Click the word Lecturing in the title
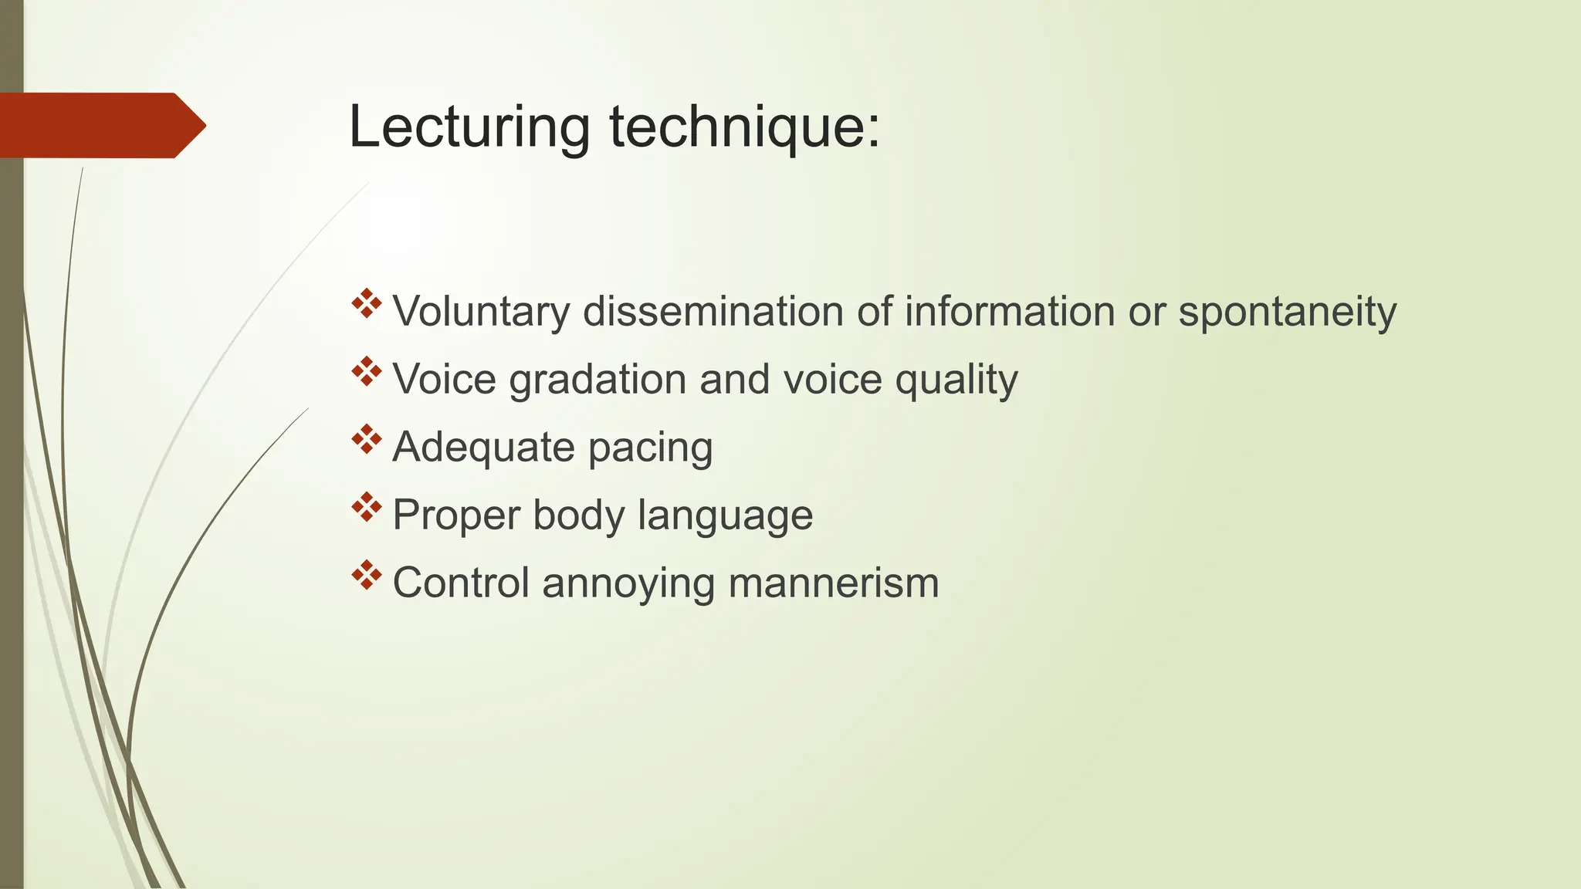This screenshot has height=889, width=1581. (x=469, y=127)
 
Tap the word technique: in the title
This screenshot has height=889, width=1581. (x=744, y=128)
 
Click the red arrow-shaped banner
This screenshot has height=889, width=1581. (x=100, y=125)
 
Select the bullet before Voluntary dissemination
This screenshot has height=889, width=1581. (x=367, y=304)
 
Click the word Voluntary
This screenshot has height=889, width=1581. (x=481, y=313)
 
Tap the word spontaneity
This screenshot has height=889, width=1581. (x=1287, y=313)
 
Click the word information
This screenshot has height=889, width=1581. (x=1009, y=312)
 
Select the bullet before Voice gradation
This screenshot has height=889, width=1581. (x=367, y=372)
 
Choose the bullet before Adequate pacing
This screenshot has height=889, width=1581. (x=367, y=439)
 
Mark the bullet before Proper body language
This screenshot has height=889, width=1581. (x=367, y=507)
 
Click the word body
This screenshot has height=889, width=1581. (x=578, y=515)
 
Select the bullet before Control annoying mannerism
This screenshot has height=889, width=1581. (x=367, y=575)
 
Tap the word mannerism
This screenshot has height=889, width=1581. (x=833, y=583)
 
